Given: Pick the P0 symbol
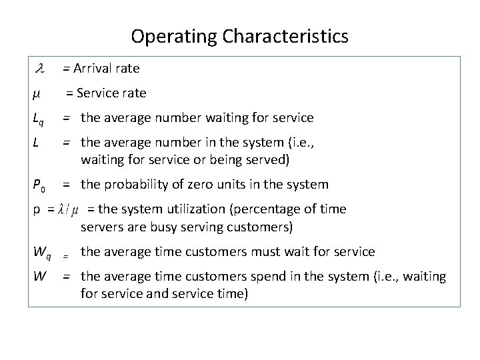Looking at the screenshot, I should (x=38, y=185).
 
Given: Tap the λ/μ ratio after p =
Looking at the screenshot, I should (x=68, y=209).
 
